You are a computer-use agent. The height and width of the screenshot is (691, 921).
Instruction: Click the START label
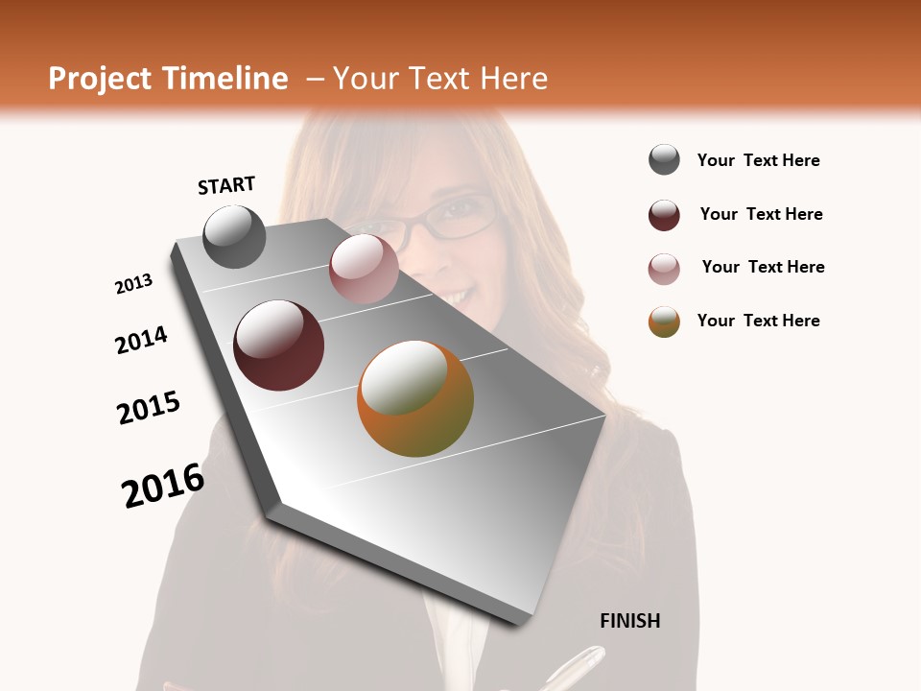coord(226,185)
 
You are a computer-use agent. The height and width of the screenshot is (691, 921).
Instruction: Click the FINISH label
coord(630,621)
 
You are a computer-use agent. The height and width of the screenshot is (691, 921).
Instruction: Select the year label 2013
coord(134,284)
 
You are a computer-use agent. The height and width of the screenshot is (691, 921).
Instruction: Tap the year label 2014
coord(141,340)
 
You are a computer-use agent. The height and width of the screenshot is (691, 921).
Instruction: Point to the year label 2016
coord(163,486)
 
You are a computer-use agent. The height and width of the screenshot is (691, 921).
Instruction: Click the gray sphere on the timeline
coord(234,236)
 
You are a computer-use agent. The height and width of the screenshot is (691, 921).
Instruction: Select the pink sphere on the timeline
coord(365,269)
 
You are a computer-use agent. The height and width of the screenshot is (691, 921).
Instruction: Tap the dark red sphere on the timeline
coord(279,345)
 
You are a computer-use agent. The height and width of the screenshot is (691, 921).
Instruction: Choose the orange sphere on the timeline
coord(415,399)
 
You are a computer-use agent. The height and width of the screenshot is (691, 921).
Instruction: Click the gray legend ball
coord(664,159)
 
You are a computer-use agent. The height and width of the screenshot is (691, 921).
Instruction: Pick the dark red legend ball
coord(664,215)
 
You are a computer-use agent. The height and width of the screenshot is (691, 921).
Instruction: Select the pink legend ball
coord(664,269)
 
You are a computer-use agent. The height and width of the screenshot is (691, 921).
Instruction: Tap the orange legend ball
coord(664,322)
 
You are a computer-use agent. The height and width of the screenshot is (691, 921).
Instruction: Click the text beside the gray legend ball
coord(759,160)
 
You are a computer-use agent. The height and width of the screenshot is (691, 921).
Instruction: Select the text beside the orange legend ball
coord(759,321)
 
